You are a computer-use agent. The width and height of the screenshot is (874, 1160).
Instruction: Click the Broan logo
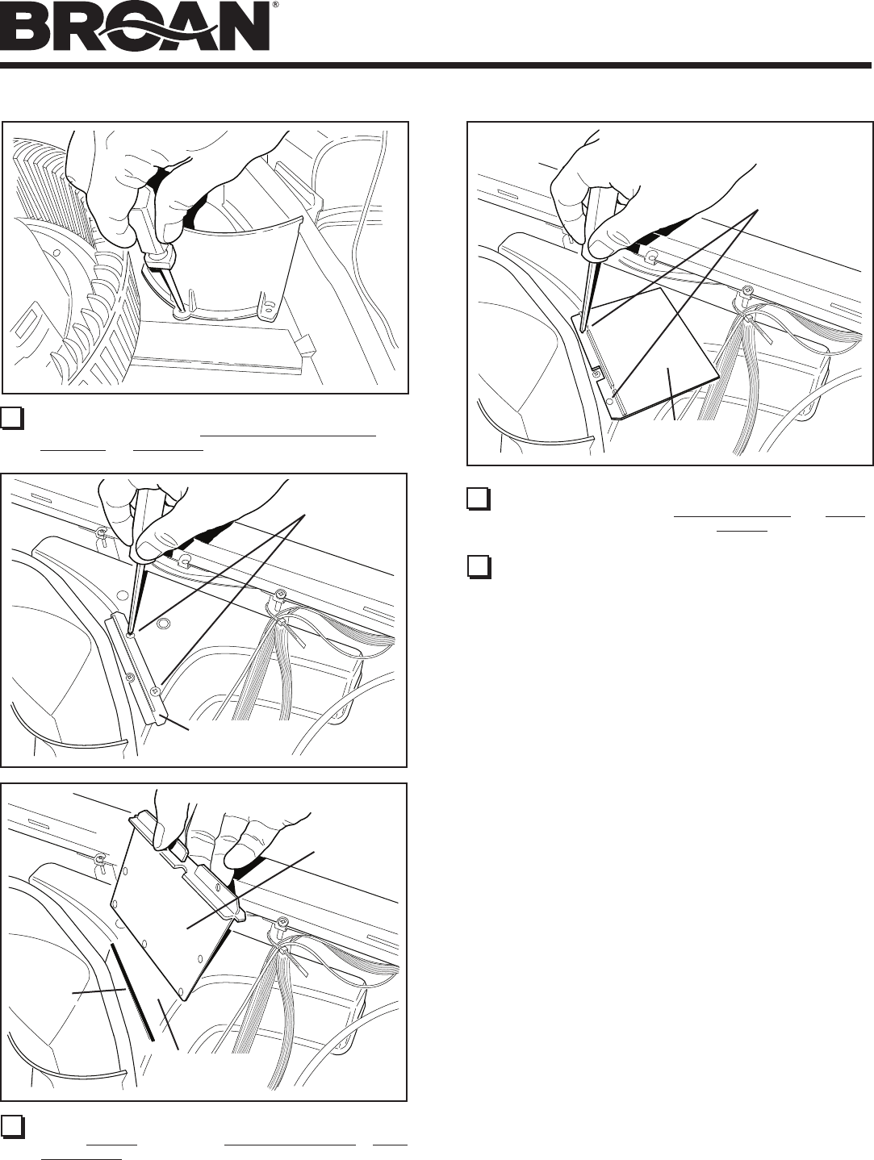(136, 27)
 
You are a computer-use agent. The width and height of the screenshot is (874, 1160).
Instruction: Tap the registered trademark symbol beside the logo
(275, 5)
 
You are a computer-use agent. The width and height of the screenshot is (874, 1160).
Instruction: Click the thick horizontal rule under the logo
(436, 65)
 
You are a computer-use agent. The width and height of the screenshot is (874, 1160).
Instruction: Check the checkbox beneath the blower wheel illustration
(12, 418)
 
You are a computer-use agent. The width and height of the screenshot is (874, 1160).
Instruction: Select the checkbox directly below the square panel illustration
(479, 499)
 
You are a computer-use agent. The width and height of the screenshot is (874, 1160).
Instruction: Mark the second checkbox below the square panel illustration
(479, 566)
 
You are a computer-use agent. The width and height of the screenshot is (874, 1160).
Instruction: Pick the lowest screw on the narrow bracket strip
(154, 691)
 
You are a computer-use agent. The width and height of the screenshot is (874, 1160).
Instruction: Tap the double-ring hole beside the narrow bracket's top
(163, 624)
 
